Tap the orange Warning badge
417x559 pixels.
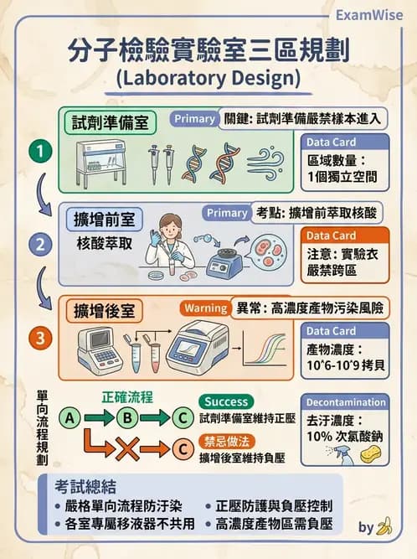204,308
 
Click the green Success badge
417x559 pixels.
227,401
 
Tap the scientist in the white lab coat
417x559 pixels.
171,243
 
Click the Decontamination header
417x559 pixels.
346,401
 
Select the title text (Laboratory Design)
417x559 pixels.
208,79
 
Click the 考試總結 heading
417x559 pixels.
85,487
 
